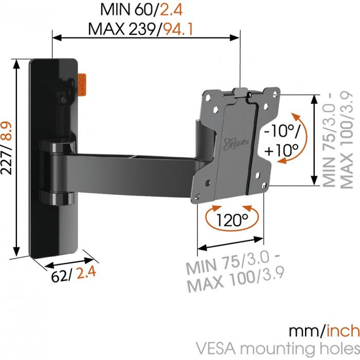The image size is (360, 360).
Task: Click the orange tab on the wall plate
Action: point(83,84)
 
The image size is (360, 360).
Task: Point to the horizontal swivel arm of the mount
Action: point(134,168)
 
